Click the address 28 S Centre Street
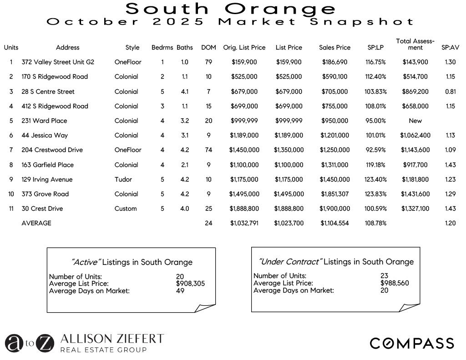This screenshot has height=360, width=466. [x=48, y=91]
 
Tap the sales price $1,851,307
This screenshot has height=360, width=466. [x=335, y=194]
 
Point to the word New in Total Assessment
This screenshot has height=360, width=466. [x=415, y=121]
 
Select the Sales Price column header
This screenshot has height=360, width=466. [x=335, y=47]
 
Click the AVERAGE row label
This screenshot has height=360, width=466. [x=36, y=223]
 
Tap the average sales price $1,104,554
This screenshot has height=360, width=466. [x=335, y=223]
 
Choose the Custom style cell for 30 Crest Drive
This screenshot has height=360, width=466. [x=126, y=208]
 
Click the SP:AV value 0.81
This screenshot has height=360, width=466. [x=451, y=91]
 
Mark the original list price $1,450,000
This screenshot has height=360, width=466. [x=244, y=150]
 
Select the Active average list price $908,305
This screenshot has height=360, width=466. [x=190, y=284]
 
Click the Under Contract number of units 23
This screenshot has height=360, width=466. [x=385, y=276]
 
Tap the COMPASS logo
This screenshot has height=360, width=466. [x=411, y=343]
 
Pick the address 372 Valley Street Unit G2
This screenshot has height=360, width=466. [x=58, y=62]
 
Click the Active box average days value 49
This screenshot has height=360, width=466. [x=180, y=291]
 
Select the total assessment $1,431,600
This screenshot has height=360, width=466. [x=415, y=194]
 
